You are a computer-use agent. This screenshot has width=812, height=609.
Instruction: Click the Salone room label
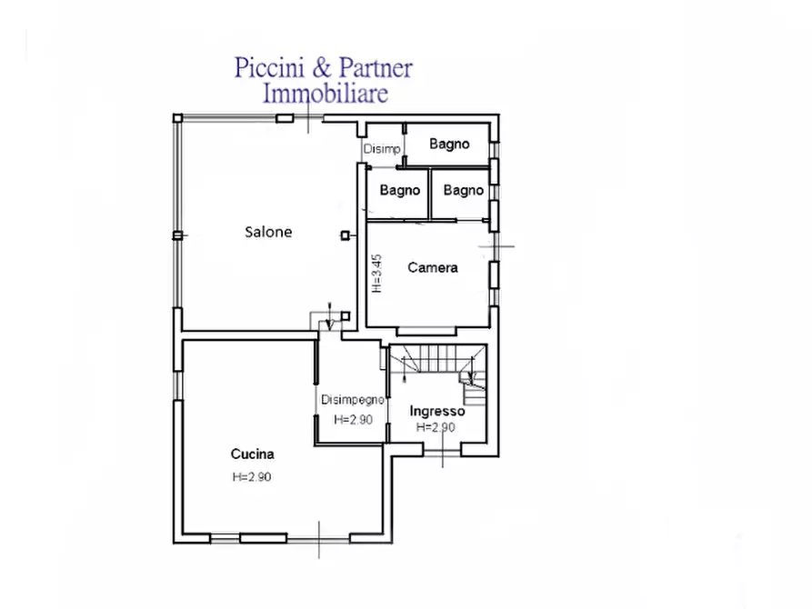pyautogui.click(x=268, y=232)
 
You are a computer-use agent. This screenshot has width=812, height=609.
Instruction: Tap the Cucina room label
pyautogui.click(x=252, y=454)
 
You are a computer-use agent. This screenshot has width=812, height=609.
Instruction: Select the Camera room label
pyautogui.click(x=433, y=268)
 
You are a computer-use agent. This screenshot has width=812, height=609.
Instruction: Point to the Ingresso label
pyautogui.click(x=437, y=411)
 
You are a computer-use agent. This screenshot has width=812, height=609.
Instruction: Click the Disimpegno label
pyautogui.click(x=353, y=400)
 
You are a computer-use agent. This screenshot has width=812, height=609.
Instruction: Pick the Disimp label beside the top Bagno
pyautogui.click(x=382, y=149)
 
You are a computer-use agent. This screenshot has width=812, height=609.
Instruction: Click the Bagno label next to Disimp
pyautogui.click(x=449, y=144)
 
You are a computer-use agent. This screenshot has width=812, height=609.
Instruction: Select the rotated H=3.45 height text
pyautogui.click(x=377, y=274)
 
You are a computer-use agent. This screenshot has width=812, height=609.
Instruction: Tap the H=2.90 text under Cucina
pyautogui.click(x=252, y=477)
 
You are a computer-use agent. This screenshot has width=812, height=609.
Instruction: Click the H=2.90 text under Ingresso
pyautogui.click(x=436, y=427)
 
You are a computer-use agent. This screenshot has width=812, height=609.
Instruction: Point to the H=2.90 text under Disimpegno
pyautogui.click(x=353, y=419)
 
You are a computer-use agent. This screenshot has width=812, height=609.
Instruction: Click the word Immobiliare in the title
pyautogui.click(x=326, y=94)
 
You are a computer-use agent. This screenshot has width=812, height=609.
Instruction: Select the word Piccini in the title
pyautogui.click(x=269, y=68)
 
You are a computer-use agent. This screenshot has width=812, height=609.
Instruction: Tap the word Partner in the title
pyautogui.click(x=376, y=68)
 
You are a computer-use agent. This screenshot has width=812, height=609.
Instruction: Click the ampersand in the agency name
pyautogui.click(x=322, y=68)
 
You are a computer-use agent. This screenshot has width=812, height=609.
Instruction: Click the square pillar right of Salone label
pyautogui.click(x=345, y=235)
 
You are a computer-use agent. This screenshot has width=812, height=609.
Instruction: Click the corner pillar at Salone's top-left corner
pyautogui.click(x=177, y=118)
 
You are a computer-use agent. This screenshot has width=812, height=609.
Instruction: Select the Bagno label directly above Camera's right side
pyautogui.click(x=464, y=190)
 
